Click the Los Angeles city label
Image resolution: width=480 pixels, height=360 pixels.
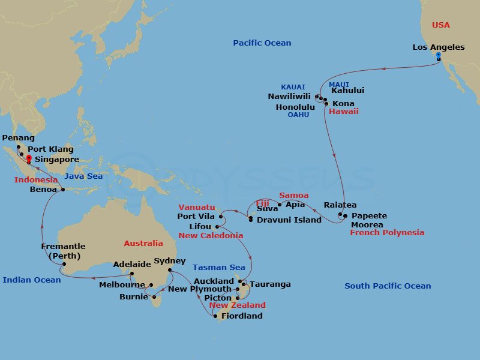pyautogui.click(x=439, y=47)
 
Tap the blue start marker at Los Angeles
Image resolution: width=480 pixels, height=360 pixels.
pyautogui.click(x=439, y=55)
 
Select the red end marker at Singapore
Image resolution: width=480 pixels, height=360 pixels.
pyautogui.click(x=28, y=158)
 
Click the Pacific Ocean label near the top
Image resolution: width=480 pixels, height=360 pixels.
pyautogui.click(x=262, y=43)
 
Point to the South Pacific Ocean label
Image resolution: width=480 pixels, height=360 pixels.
pyautogui.click(x=388, y=286)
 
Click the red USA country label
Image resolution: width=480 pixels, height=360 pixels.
pyautogui.click(x=441, y=25)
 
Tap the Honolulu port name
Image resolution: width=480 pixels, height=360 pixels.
pyautogui.click(x=295, y=107)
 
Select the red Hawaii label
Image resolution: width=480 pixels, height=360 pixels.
pyautogui.click(x=344, y=112)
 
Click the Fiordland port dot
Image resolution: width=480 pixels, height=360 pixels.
pyautogui.click(x=215, y=316)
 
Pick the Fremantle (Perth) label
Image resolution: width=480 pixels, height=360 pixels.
pyautogui.click(x=63, y=251)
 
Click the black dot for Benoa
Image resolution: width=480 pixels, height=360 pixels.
pyautogui.click(x=62, y=190)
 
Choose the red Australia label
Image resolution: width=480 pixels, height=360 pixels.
pyautogui.click(x=143, y=244)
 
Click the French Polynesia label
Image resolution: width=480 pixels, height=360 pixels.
pyautogui.click(x=387, y=233)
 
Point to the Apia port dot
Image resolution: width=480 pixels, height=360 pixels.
pyautogui.click(x=280, y=205)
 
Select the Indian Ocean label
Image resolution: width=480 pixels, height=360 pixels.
pyautogui.click(x=32, y=280)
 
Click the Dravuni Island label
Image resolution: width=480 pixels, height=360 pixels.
pyautogui.click(x=289, y=220)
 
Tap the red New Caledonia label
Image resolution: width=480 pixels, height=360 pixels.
pyautogui.click(x=211, y=236)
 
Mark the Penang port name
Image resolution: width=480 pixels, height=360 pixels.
pyautogui.click(x=18, y=138)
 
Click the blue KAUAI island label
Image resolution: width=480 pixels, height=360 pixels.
pyautogui.click(x=293, y=88)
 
